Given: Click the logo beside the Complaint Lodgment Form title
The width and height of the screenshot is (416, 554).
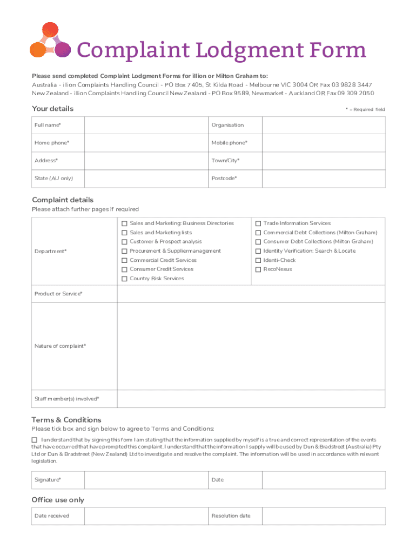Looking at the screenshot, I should (x=49, y=41).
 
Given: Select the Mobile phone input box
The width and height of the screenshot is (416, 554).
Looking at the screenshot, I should (x=324, y=143).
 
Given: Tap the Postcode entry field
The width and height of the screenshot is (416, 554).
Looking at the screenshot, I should (x=324, y=179).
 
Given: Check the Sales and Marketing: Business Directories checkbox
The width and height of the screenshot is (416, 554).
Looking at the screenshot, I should (x=124, y=223).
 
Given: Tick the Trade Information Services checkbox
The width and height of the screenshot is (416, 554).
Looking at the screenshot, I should (x=258, y=223).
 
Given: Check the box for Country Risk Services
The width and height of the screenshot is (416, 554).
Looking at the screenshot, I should (x=124, y=279).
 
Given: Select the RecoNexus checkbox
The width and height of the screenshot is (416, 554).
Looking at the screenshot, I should (x=258, y=269).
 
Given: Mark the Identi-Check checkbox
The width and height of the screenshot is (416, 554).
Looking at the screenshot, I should (x=258, y=260).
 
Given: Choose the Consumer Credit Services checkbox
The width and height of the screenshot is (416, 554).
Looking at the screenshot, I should (x=124, y=269).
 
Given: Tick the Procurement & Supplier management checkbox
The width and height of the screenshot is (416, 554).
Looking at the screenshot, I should (x=124, y=251).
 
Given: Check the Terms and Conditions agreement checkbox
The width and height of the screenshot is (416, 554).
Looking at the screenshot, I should (x=35, y=440).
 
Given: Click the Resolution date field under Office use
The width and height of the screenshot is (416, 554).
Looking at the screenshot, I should (x=324, y=516).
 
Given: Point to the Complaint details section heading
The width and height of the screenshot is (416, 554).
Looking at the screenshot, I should (x=63, y=200).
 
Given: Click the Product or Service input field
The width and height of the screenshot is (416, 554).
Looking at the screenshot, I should (x=251, y=294).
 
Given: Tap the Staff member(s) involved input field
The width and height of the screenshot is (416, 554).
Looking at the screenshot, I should (x=251, y=399).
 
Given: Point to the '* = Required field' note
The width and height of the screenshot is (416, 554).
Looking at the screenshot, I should (x=365, y=109).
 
